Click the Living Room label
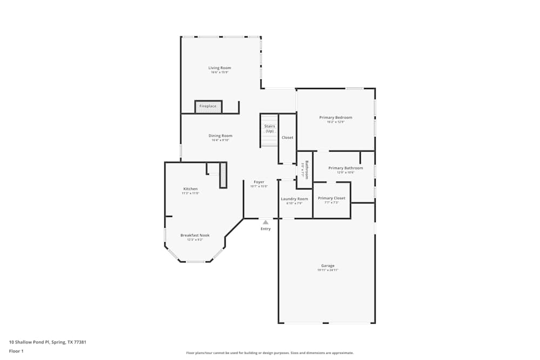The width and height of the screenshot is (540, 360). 220,68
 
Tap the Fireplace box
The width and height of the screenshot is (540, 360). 208,106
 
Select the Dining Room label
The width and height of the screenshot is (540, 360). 220,135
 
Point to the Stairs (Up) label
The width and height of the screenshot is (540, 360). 269,128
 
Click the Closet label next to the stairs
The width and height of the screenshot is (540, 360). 287,138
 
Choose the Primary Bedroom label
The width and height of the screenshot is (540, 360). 335,118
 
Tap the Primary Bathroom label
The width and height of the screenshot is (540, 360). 346,168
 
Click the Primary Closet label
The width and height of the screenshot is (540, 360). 332,198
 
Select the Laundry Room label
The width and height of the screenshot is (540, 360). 294,199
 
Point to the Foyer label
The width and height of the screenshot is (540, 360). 259,182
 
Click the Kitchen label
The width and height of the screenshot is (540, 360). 190,189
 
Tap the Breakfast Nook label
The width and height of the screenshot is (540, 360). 195,235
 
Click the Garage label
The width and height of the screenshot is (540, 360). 328,266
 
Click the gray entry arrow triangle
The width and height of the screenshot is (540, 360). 265,222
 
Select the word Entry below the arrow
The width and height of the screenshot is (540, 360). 266,229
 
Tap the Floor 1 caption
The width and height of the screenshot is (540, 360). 16,351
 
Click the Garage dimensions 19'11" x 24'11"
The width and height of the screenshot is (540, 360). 328,270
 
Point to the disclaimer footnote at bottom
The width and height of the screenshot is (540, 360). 270,353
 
